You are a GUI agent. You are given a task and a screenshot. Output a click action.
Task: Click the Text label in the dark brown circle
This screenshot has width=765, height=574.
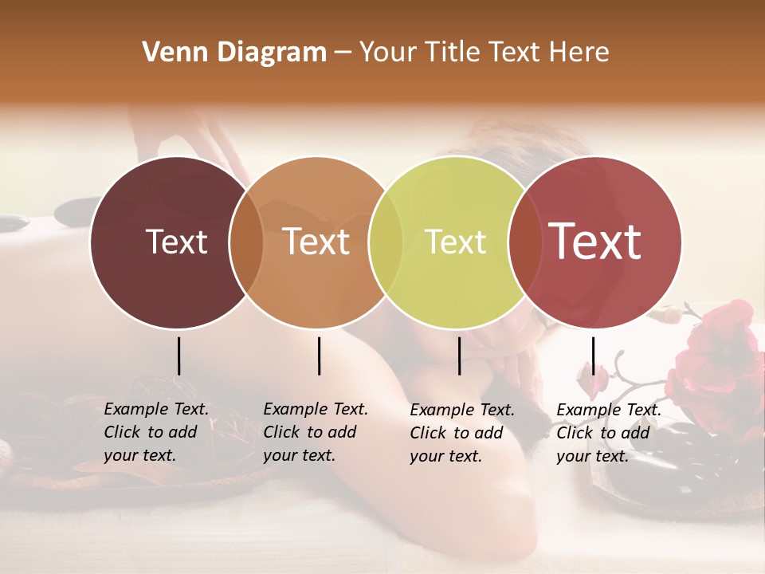click(x=176, y=242)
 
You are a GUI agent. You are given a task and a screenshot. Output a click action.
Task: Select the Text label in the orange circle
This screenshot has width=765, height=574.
click(x=316, y=242)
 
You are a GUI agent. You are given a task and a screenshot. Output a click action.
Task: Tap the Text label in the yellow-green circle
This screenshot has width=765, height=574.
click(x=456, y=242)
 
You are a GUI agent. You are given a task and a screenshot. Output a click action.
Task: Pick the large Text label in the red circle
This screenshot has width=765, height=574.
click(x=595, y=242)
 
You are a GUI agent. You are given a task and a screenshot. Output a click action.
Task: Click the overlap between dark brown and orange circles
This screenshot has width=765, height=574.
click(x=246, y=242)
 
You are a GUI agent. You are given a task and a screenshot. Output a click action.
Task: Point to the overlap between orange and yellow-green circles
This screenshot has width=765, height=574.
click(x=386, y=242)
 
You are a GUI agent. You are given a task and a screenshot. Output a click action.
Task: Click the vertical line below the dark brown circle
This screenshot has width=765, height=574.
click(x=178, y=356)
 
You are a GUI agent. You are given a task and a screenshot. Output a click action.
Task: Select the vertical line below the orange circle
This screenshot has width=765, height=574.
click(x=319, y=356)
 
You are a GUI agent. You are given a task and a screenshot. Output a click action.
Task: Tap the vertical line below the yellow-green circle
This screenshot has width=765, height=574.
click(x=459, y=356)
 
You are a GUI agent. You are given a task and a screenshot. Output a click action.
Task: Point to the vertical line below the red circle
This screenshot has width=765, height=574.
click(x=593, y=356)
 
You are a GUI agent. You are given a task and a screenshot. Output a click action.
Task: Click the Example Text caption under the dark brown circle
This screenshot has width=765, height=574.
click(x=156, y=432)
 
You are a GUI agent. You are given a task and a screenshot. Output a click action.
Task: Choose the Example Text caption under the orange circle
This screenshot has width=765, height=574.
click(x=316, y=432)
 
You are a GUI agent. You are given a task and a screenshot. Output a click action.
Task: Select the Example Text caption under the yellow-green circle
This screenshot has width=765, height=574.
click(x=462, y=433)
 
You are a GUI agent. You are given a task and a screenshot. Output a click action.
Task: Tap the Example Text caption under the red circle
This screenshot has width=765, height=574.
click(x=609, y=433)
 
